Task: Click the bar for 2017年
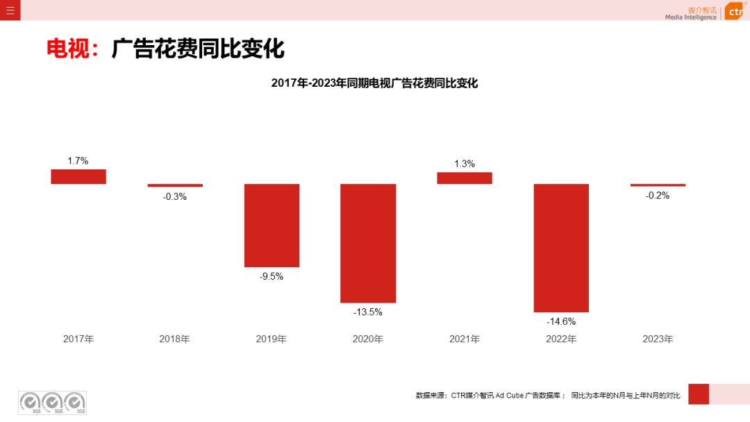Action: tap(78, 176)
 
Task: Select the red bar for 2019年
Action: tap(272, 225)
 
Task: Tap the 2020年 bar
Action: tap(368, 243)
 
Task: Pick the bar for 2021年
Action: tap(465, 178)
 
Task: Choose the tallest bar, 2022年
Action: tap(561, 248)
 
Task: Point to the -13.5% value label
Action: tap(368, 312)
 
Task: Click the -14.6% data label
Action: tap(561, 321)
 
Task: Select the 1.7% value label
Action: tap(78, 161)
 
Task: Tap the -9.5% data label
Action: tap(272, 276)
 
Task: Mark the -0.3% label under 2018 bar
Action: tap(175, 196)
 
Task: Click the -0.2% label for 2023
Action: tap(658, 196)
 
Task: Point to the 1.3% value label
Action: tap(465, 164)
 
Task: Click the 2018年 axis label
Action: tap(175, 339)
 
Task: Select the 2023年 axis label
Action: tap(658, 339)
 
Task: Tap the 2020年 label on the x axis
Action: tap(368, 339)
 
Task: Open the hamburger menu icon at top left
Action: tap(10, 10)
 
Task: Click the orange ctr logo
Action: tap(735, 12)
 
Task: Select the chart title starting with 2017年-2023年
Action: tap(374, 83)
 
